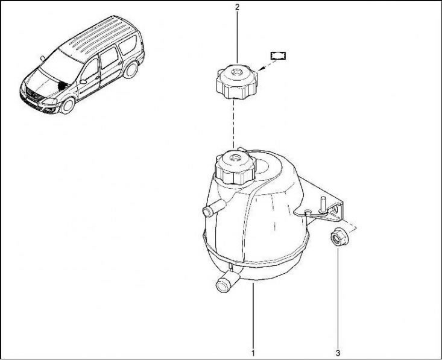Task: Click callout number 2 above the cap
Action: click(237, 7)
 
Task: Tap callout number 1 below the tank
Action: click(253, 353)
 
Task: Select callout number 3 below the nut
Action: click(338, 353)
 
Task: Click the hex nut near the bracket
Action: click(338, 238)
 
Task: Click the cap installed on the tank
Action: click(235, 168)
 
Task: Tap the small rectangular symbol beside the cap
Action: click(278, 55)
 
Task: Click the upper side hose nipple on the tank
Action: click(213, 208)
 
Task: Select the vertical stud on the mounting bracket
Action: click(322, 205)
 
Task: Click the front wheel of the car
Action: click(68, 105)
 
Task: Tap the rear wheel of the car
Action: click(130, 69)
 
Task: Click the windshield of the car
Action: click(58, 67)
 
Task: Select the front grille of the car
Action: click(34, 95)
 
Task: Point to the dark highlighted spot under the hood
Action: click(63, 85)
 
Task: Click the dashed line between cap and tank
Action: click(234, 124)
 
